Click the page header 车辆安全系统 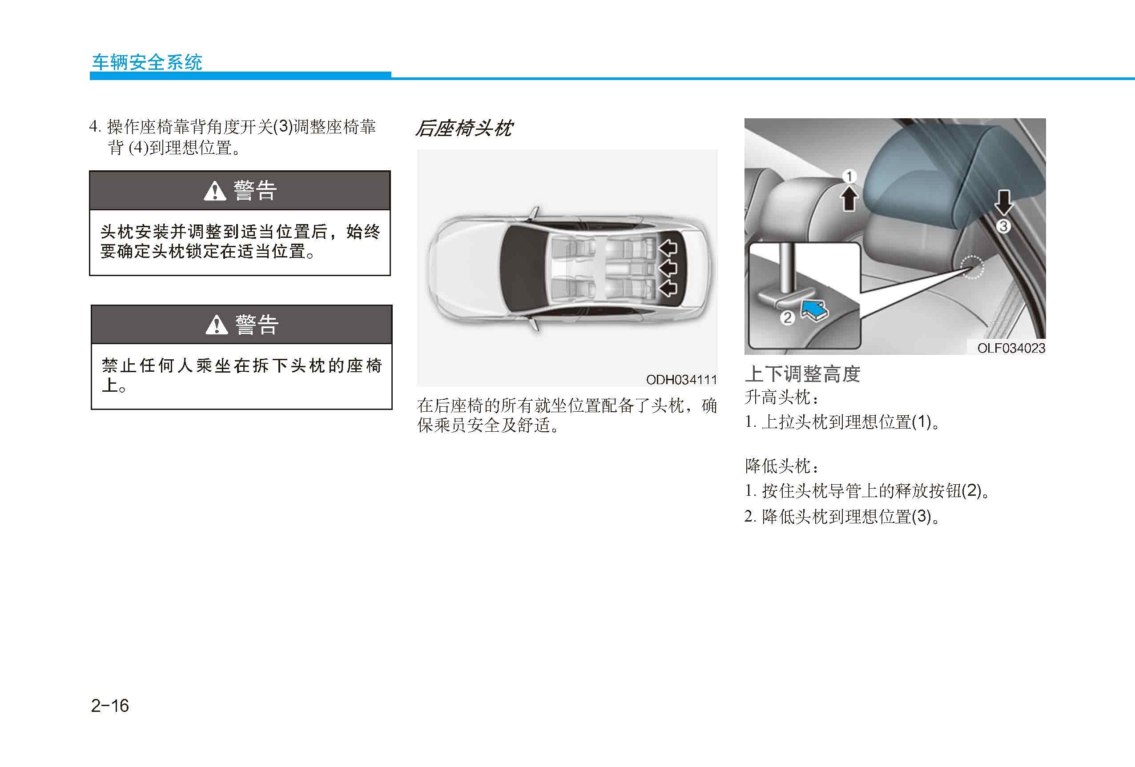147,62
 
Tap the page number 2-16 110,706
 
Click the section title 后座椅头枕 463,129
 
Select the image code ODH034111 681,379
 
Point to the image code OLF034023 1011,348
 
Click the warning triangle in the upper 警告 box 215,191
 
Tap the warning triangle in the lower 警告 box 217,324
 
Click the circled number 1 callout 849,176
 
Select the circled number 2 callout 787,318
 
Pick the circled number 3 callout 1003,226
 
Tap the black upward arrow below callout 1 850,199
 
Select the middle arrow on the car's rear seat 668,268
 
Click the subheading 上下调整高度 802,374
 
